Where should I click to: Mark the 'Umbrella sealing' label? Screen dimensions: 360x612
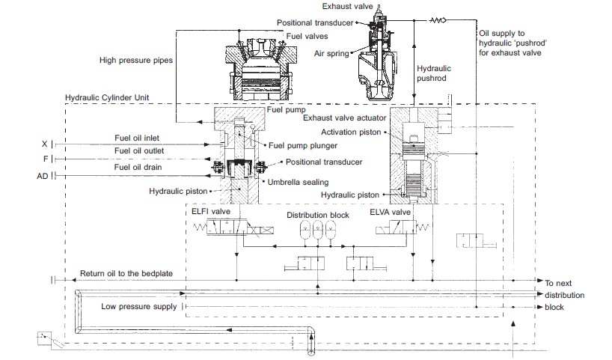pyautogui.click(x=300, y=182)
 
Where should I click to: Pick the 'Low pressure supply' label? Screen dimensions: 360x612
pyautogui.click(x=138, y=306)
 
